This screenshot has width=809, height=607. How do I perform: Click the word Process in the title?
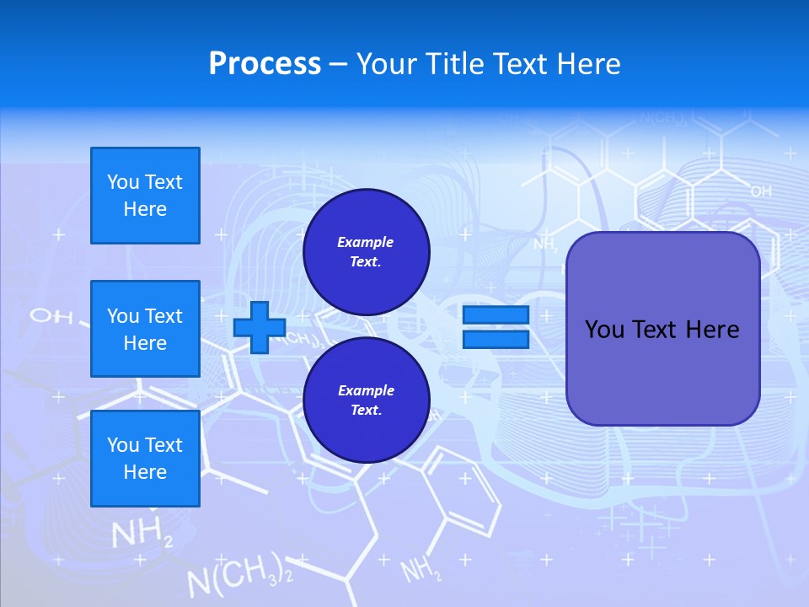265,64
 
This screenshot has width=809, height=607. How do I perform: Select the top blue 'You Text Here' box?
145,196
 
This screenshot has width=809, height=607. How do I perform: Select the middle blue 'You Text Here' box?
145,329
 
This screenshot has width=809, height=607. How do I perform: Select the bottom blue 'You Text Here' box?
145,458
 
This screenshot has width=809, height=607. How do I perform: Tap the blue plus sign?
259,327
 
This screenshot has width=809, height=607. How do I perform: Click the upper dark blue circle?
366,252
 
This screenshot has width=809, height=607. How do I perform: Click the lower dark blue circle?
366,400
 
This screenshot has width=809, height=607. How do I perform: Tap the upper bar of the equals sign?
496,315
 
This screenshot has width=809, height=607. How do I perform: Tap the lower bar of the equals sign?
496,339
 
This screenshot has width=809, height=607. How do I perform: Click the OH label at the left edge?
46,316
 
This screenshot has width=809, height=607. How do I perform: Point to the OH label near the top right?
761,192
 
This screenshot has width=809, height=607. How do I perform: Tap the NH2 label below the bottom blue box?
142,534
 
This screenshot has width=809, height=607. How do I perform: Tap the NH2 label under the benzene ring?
421,571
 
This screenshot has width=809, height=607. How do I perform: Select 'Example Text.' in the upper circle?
366,252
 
